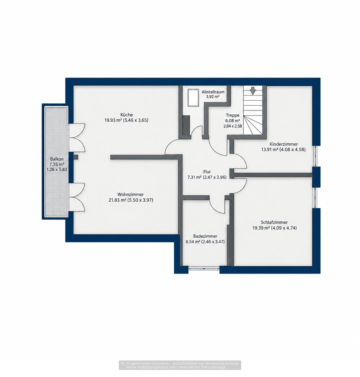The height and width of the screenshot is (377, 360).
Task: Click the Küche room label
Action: pos(127,115)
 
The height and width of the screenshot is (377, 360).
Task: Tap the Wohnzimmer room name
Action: pos(131,194)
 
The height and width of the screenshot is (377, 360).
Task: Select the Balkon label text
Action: pos(57,159)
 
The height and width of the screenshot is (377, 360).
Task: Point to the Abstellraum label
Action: pos(213,92)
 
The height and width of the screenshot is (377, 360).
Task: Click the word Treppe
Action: pos(232,115)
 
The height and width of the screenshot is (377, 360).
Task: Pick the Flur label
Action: pos(207,172)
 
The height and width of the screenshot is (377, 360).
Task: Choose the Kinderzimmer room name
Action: pos(284,144)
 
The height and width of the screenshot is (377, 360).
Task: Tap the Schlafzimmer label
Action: pos(274,222)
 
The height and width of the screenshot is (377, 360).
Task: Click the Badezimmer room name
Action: pos(205,236)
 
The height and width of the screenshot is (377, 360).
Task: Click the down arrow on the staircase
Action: pos(253,91)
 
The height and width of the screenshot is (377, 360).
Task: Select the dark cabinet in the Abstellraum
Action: pos(186,125)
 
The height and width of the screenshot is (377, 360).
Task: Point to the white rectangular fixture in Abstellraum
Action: pos(193,98)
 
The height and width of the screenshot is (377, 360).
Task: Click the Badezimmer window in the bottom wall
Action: pos(204,268)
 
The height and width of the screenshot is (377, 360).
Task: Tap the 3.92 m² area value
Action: pos(213,97)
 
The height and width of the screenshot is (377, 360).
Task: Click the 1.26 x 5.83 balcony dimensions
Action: pos(57,170)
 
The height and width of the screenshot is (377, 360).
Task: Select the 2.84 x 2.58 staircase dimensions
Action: pos(232,126)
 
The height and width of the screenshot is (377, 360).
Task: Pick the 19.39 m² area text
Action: pos(261,228)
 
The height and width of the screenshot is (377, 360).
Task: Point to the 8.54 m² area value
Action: pos(193,241)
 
